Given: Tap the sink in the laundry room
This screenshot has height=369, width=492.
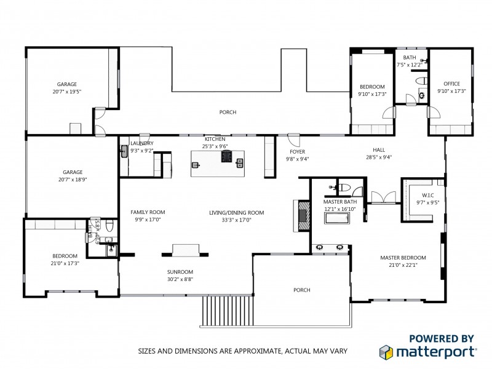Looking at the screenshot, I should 123,150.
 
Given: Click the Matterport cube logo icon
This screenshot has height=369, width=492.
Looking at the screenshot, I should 385,352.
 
